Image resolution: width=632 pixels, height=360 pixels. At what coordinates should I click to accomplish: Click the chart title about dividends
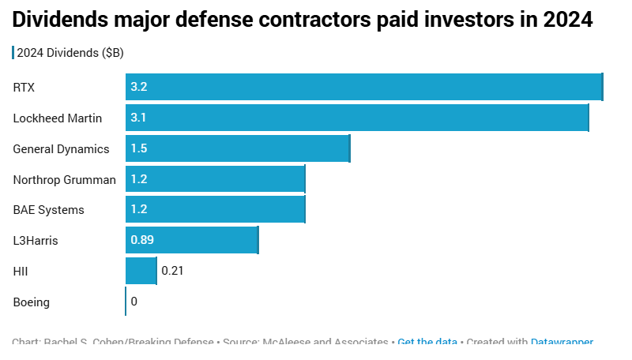click(303, 20)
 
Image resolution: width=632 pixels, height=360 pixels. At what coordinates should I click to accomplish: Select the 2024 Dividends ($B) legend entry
click(70, 53)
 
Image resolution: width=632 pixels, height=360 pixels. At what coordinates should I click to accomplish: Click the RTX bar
click(363, 87)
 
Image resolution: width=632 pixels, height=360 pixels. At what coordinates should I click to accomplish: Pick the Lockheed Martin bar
click(357, 118)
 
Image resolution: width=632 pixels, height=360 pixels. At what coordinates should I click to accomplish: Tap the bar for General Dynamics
click(237, 148)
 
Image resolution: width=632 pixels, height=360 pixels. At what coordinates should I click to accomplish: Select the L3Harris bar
click(192, 240)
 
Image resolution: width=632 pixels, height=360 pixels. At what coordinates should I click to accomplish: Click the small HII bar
click(141, 271)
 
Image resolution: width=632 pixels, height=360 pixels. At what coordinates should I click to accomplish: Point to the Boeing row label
click(32, 302)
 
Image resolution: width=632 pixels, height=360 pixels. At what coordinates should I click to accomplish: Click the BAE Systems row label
click(48, 210)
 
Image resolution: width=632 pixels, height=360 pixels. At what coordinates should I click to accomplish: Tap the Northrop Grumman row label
click(65, 179)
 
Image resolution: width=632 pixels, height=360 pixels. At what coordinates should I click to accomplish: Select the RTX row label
click(24, 87)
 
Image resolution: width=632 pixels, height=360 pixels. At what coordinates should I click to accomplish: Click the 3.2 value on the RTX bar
click(139, 87)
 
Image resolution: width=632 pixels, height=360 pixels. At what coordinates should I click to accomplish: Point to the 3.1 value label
click(139, 118)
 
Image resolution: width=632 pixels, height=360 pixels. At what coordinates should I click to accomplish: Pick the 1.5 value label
click(139, 148)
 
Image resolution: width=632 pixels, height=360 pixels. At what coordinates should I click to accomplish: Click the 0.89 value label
click(142, 240)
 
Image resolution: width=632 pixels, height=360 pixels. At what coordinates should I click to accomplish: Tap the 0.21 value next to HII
click(172, 271)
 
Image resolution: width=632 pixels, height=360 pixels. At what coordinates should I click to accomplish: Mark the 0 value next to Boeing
click(134, 302)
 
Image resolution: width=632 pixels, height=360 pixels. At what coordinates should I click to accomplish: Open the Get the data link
click(427, 343)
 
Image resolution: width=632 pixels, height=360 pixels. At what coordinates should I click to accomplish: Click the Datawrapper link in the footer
click(562, 343)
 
